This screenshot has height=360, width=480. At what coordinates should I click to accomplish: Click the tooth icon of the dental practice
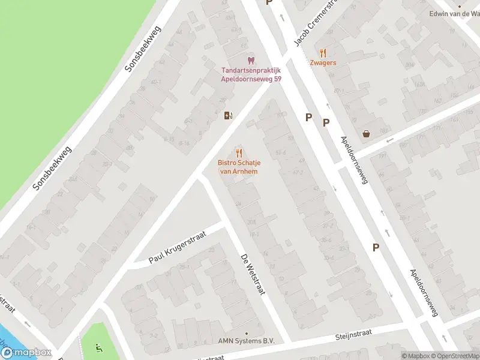251,61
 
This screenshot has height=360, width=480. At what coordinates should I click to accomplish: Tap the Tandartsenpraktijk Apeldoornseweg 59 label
251,74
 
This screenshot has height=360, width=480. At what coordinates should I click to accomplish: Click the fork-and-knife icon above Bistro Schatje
239,152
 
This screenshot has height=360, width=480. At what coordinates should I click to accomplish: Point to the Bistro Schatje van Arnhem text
239,167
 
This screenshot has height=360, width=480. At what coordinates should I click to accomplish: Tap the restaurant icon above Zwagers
323,53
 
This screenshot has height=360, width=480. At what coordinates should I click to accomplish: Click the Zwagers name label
323,63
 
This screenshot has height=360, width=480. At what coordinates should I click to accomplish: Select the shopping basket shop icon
366,134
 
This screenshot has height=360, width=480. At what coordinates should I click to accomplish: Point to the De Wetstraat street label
253,274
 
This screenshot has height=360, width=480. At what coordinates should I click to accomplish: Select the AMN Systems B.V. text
246,341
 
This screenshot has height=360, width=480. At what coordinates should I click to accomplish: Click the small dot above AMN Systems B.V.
246,333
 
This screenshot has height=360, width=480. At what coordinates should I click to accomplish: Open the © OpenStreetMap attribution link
455,356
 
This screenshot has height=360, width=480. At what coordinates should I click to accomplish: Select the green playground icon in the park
100,346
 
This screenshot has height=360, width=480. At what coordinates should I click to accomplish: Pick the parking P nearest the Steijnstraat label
376,247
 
